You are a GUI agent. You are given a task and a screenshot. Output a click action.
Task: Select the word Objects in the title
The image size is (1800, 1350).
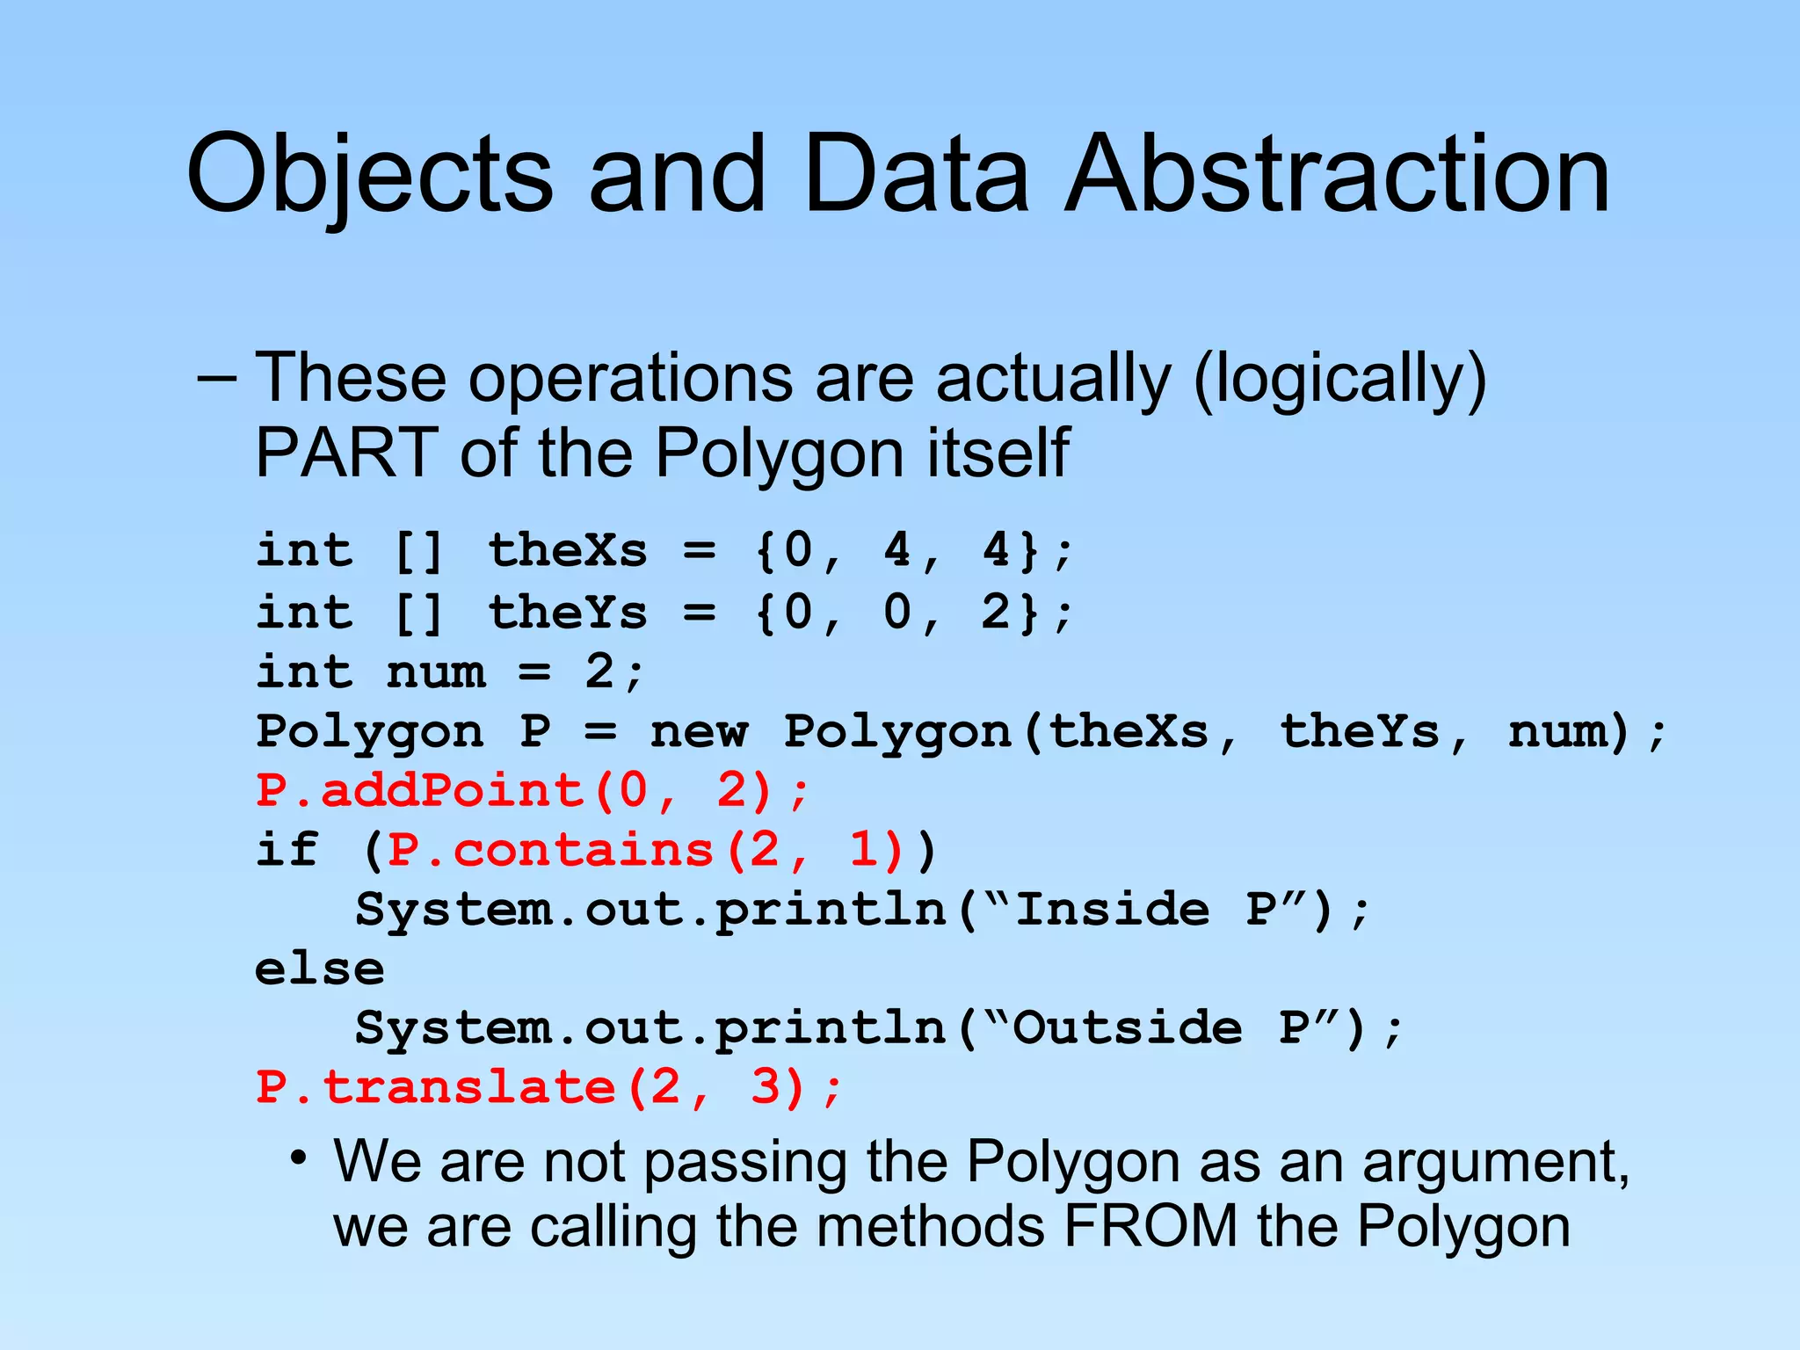tap(369, 176)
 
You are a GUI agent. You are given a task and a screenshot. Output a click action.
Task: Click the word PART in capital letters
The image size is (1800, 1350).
tap(347, 453)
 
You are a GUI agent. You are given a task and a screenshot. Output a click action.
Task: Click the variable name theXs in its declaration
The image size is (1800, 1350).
tap(568, 551)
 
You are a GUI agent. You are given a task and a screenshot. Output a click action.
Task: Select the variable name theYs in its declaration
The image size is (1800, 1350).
tap(568, 612)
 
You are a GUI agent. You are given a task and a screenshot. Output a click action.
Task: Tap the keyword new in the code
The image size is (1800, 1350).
tap(699, 732)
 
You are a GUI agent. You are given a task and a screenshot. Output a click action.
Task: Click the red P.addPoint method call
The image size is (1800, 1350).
tap(532, 791)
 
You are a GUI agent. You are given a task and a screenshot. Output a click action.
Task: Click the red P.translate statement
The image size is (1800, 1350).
tap(548, 1088)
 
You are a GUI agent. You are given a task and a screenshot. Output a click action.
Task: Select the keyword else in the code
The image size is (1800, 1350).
tap(319, 969)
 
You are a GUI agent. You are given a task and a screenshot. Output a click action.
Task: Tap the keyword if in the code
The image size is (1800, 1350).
tap(287, 850)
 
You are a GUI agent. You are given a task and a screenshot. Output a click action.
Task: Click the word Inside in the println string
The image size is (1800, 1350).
tap(1112, 909)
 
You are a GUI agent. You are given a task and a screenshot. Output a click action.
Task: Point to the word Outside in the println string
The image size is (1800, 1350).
tap(1128, 1028)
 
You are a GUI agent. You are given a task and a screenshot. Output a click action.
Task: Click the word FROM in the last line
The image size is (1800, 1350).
tap(1151, 1226)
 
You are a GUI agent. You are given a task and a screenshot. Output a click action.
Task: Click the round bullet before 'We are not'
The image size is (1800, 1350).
tap(300, 1158)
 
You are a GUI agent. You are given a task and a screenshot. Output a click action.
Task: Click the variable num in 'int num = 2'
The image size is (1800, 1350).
tap(436, 673)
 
